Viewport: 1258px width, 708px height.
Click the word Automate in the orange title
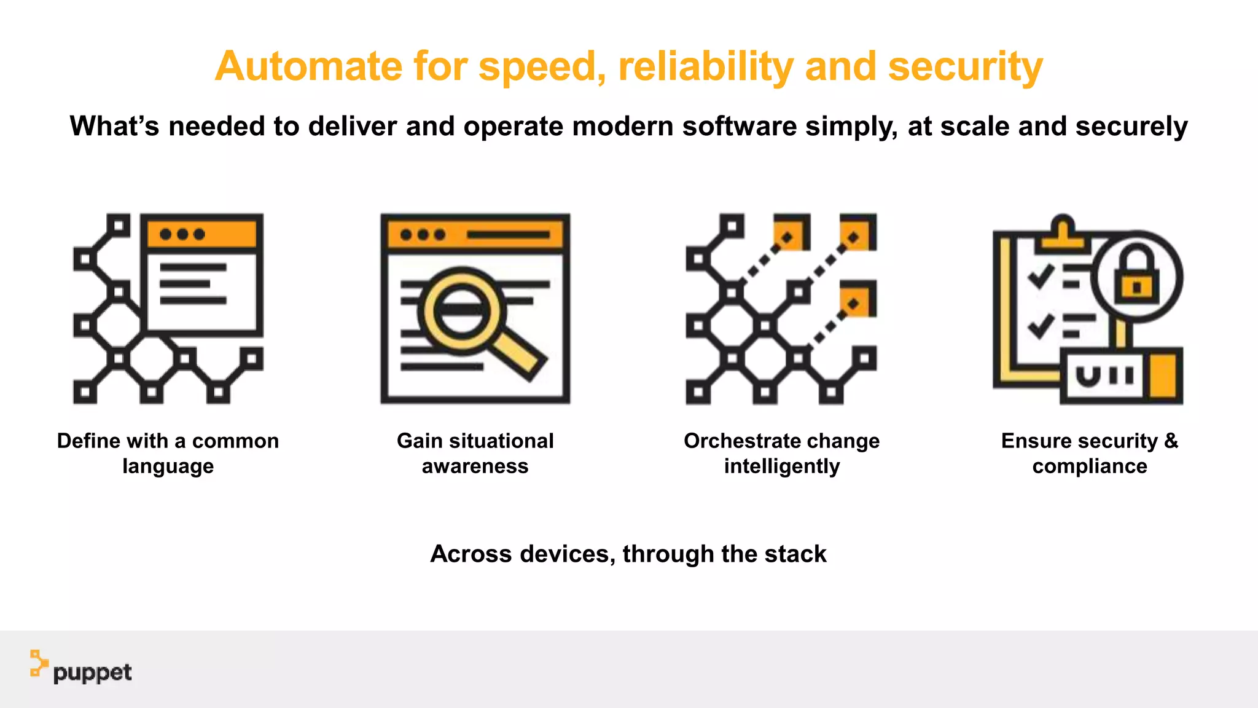(x=308, y=66)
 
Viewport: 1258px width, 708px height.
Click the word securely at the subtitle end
(x=1131, y=126)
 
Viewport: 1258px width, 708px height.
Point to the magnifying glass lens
(x=461, y=310)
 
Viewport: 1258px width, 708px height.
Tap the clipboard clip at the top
(x=1062, y=234)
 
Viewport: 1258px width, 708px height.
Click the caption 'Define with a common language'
(x=168, y=453)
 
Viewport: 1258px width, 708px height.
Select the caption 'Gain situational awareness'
(x=475, y=453)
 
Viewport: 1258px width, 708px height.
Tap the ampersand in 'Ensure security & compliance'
(x=1171, y=441)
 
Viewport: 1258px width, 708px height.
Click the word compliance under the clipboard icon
(x=1089, y=466)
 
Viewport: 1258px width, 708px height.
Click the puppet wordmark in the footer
(x=92, y=673)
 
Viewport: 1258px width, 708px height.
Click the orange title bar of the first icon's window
(x=202, y=234)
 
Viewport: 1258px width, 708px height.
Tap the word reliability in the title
(x=706, y=66)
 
